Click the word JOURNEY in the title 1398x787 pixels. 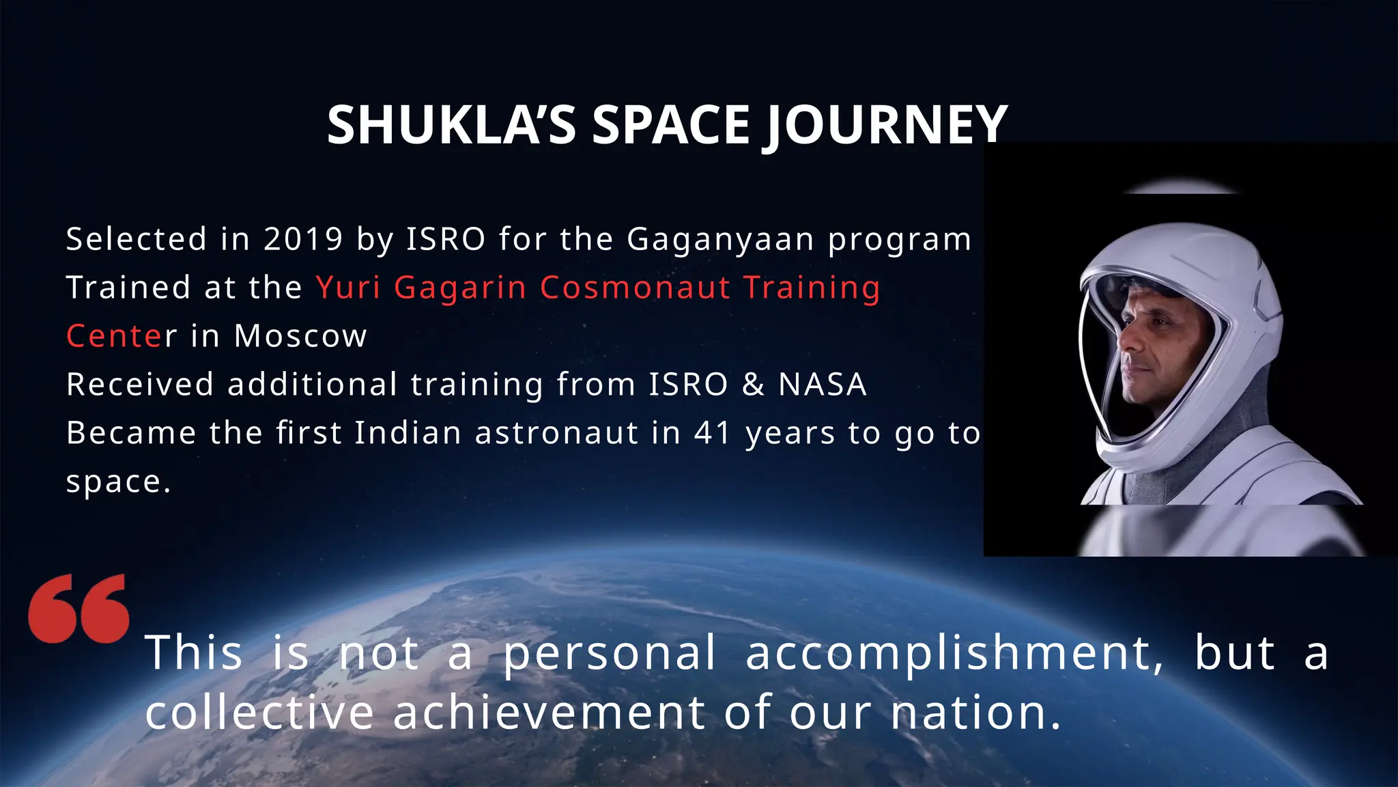tap(885, 126)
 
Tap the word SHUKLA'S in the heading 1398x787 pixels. tap(451, 126)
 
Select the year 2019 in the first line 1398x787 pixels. tap(303, 239)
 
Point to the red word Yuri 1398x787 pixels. tap(348, 288)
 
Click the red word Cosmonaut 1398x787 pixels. tap(635, 288)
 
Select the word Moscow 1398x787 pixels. tap(300, 336)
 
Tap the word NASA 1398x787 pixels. tap(823, 385)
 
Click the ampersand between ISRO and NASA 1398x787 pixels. tap(753, 385)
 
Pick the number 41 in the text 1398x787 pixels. tap(712, 433)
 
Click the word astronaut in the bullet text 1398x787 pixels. tap(556, 433)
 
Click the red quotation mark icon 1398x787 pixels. tap(79, 609)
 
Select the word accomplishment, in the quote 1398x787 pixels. tap(954, 654)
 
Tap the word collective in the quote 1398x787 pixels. tap(259, 713)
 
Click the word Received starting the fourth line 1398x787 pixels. tap(140, 385)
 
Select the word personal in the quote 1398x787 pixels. tap(610, 654)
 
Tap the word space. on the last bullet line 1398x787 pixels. tap(118, 482)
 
